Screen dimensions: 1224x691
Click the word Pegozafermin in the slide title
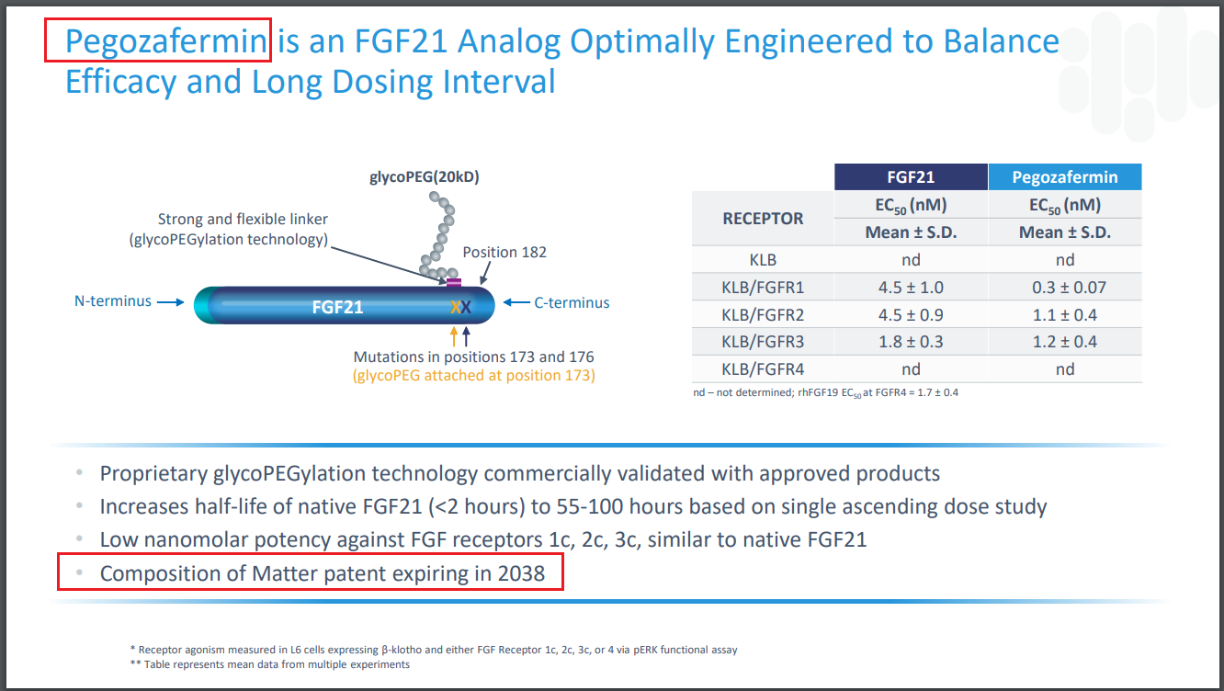[x=165, y=41]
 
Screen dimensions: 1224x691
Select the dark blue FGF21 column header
[x=911, y=177]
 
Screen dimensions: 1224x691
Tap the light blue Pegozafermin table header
[x=1065, y=177]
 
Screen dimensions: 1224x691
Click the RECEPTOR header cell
[x=763, y=219]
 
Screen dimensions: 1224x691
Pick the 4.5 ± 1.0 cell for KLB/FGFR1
[x=911, y=288]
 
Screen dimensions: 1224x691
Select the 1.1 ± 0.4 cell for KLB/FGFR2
[x=1065, y=314]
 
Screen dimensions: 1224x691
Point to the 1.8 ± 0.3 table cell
[x=911, y=342]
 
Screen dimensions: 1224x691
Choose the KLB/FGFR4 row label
[x=763, y=369]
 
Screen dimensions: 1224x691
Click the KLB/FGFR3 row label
[x=763, y=342]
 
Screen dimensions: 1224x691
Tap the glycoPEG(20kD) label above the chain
[x=424, y=177]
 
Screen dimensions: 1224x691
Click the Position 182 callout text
[x=504, y=252]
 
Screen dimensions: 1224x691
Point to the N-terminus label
[x=112, y=301]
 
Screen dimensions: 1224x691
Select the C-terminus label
[x=572, y=302]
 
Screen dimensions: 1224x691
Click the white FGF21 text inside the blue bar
[x=337, y=307]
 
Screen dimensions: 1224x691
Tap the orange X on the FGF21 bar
[x=455, y=307]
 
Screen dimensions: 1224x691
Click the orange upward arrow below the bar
[x=454, y=336]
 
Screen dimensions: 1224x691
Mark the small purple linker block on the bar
[x=454, y=282]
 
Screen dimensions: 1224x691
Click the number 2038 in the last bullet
[x=521, y=573]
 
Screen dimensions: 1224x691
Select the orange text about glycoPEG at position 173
[x=474, y=376]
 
